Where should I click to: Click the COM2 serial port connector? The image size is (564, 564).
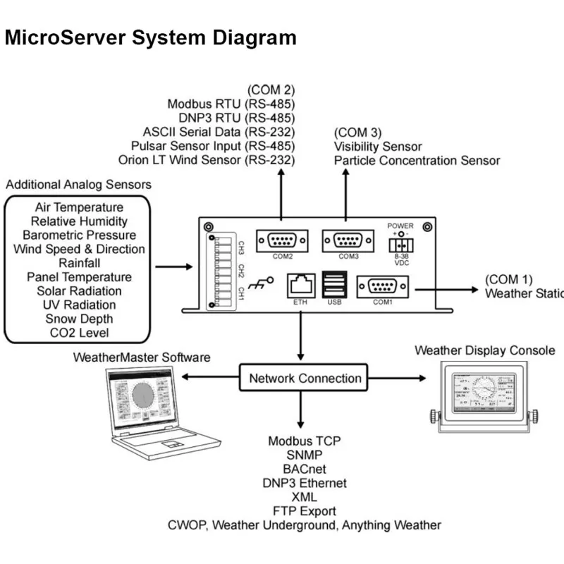[x=281, y=240]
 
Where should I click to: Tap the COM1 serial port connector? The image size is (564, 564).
[x=381, y=287]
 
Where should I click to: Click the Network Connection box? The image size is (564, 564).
[x=305, y=379]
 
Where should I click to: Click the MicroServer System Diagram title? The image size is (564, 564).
[x=150, y=37]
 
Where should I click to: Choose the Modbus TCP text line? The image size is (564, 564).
[x=304, y=441]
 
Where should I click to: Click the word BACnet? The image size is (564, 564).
[x=304, y=469]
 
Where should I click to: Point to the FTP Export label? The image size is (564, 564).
[x=304, y=510]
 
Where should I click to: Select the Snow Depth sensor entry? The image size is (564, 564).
[x=79, y=319]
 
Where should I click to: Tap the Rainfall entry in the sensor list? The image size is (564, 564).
[x=79, y=263]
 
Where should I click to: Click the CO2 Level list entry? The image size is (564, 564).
[x=79, y=333]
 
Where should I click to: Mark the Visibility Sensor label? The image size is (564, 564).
[x=378, y=147]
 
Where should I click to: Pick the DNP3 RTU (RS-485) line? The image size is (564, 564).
[x=231, y=118]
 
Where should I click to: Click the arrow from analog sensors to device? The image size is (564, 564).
[x=173, y=267]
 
